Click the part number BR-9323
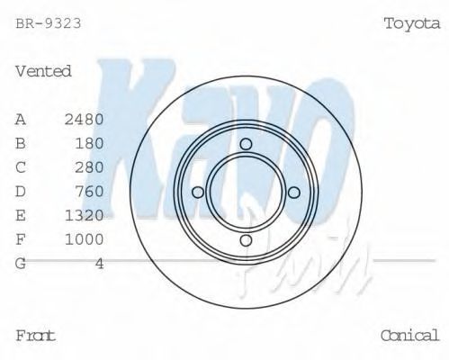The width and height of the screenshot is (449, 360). (x=49, y=23)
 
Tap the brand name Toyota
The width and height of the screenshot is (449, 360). (x=412, y=23)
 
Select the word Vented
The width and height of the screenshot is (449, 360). (x=43, y=71)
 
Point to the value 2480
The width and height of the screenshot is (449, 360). (x=84, y=120)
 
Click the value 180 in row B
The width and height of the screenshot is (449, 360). (x=89, y=143)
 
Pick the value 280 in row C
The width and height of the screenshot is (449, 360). (x=89, y=167)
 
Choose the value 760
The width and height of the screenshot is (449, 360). (x=89, y=192)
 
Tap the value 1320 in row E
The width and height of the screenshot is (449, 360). (x=84, y=215)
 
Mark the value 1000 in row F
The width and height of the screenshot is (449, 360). (x=84, y=239)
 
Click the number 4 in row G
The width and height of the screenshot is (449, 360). (x=99, y=264)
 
